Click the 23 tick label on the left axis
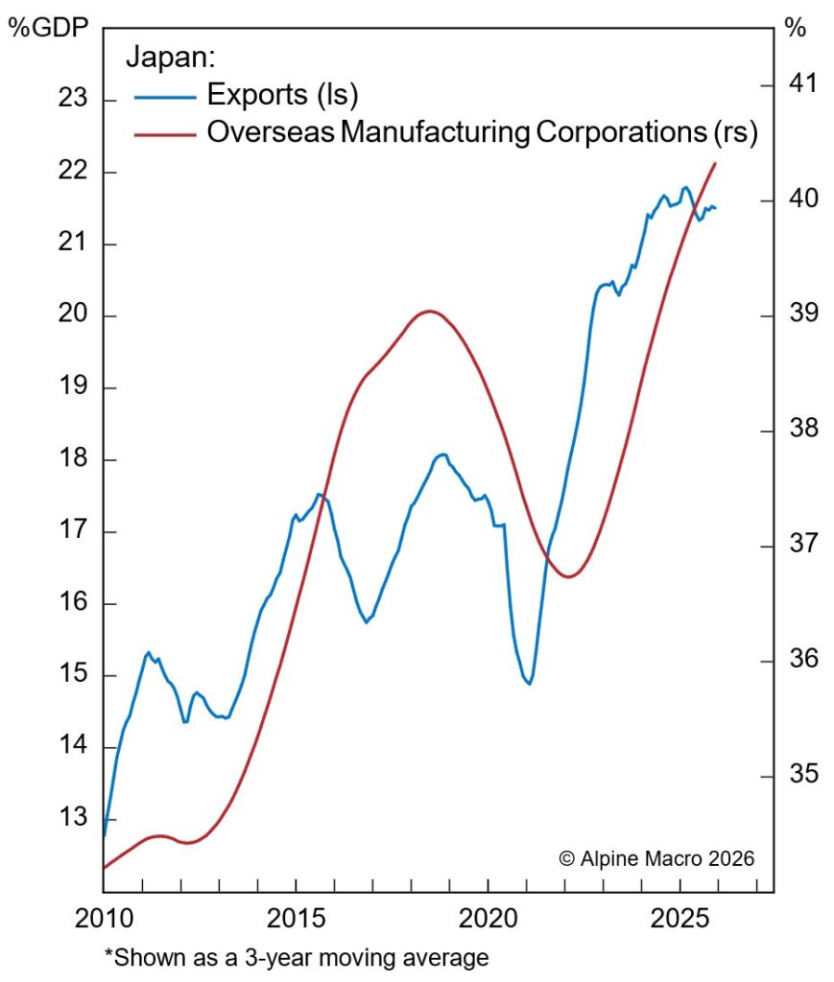coord(72,101)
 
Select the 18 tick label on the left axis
coord(72,460)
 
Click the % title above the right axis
coord(796,28)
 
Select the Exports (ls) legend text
coord(283,95)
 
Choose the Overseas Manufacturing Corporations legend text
coord(482,133)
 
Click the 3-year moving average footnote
coord(297,956)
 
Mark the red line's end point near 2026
coord(715,164)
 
